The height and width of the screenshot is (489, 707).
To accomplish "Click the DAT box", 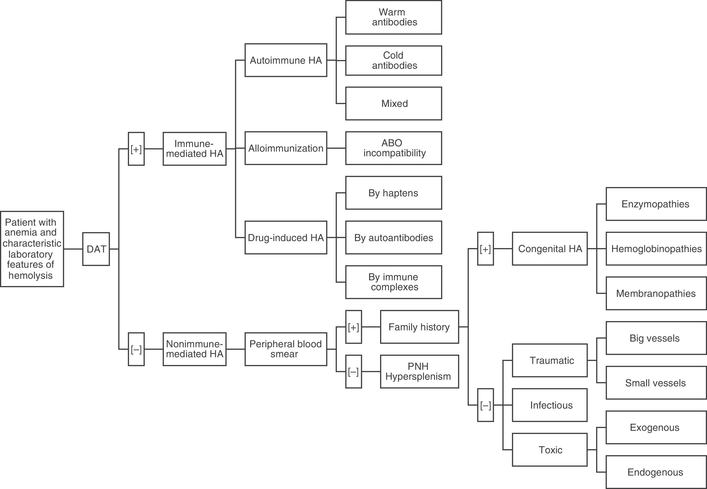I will [96, 249].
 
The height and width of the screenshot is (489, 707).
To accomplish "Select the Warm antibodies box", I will [394, 17].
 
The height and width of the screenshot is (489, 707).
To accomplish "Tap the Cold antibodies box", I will [394, 60].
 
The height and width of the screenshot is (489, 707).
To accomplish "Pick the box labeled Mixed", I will [394, 104].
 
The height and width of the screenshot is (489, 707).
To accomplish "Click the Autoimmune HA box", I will [286, 60].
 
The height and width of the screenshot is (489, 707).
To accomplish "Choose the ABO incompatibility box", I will [394, 148].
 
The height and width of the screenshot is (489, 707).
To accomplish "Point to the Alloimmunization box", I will [286, 148].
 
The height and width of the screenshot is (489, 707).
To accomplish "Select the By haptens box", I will [394, 193].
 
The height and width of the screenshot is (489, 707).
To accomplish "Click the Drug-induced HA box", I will [286, 238].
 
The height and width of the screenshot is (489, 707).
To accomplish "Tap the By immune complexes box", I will [394, 282].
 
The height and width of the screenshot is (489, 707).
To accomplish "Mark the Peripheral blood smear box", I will [286, 349].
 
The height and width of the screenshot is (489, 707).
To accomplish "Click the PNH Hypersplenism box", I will [419, 371].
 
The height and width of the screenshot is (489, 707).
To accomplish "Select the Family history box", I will [419, 327].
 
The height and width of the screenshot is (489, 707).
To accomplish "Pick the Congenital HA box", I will [549, 249].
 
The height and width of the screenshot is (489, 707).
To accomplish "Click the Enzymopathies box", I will [656, 204].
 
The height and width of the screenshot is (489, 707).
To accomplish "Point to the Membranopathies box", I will [656, 294].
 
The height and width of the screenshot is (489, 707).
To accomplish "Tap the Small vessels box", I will [656, 383].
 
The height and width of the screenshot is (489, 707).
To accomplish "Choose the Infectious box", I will [549, 405].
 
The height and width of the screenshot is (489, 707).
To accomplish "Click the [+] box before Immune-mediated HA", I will [136, 149].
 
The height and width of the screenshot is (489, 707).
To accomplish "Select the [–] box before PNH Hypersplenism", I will [353, 372].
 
